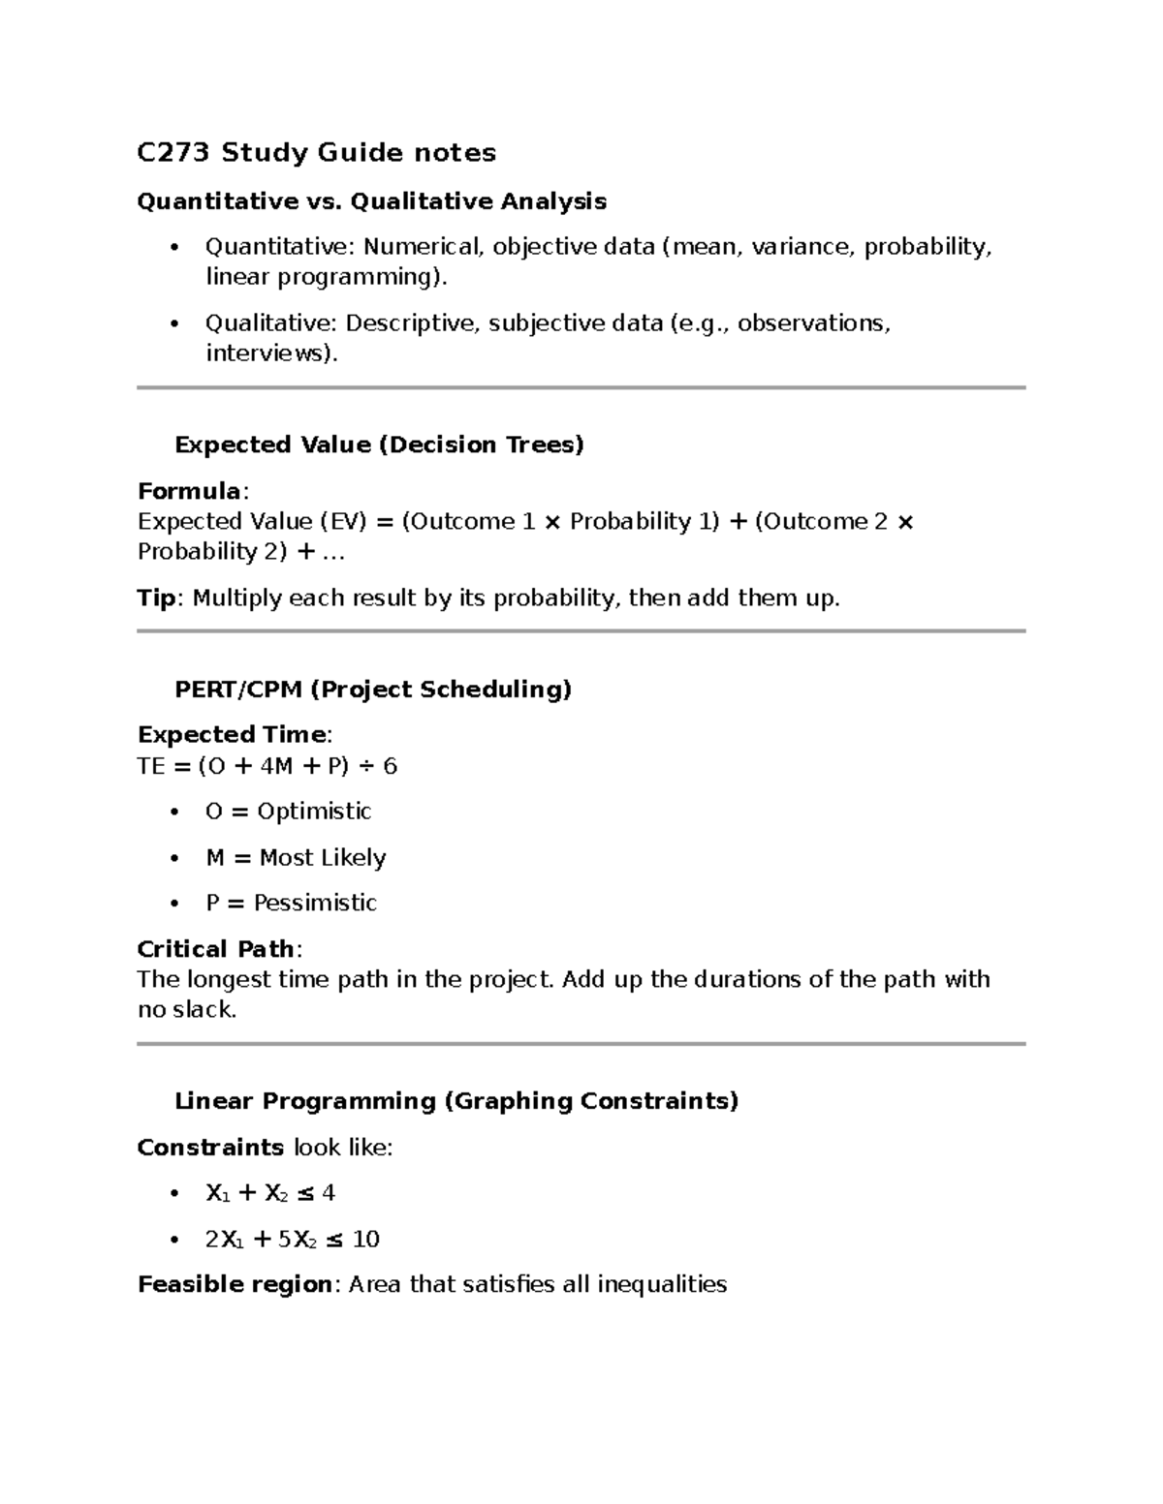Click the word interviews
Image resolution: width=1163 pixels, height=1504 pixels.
click(268, 353)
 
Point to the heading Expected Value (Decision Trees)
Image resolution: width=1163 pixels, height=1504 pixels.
click(379, 445)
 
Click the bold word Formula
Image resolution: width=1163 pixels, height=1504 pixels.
click(189, 491)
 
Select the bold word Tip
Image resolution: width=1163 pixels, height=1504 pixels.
click(156, 599)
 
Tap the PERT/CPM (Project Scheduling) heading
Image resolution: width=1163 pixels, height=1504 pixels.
click(373, 690)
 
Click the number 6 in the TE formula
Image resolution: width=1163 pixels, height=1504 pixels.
click(390, 767)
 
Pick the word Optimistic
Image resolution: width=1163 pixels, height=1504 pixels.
click(314, 812)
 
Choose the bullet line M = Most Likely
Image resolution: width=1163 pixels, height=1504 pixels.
click(296, 858)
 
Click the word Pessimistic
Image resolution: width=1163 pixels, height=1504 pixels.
click(315, 904)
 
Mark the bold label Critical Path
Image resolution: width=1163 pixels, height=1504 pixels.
click(215, 949)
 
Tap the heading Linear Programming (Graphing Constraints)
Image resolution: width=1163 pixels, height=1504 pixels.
click(456, 1101)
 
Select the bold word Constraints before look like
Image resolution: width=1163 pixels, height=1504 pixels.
click(210, 1148)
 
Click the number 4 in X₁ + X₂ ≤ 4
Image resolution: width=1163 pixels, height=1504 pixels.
click(329, 1193)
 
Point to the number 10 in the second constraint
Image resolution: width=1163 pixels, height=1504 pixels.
click(365, 1240)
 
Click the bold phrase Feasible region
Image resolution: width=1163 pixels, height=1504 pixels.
click(235, 1285)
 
